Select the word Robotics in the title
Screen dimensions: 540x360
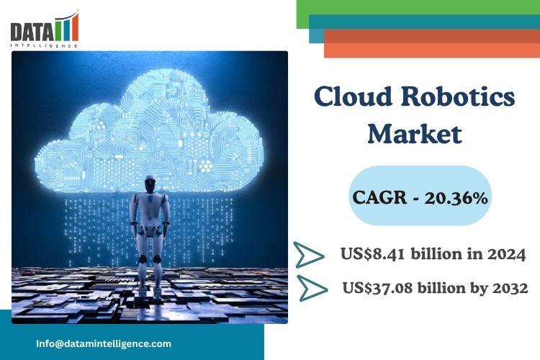point(458,96)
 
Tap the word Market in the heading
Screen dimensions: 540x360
point(415,134)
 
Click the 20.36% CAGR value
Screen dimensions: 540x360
point(456,198)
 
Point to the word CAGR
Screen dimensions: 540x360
point(379,198)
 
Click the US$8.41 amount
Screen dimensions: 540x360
point(372,254)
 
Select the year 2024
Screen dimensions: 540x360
point(506,254)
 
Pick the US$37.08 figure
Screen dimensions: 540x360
point(377,288)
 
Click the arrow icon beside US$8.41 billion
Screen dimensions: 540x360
point(309,255)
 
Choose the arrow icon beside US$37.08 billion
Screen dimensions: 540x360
point(312,288)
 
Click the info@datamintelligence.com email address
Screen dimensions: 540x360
point(104,343)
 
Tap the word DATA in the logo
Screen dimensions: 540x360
point(32,32)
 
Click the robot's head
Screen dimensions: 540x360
point(150,184)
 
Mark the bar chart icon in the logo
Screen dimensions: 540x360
point(68,27)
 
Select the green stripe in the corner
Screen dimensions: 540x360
point(418,8)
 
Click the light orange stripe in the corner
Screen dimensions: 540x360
point(432,50)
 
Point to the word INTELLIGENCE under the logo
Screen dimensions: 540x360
point(44,45)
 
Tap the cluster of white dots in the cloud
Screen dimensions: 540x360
point(206,167)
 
